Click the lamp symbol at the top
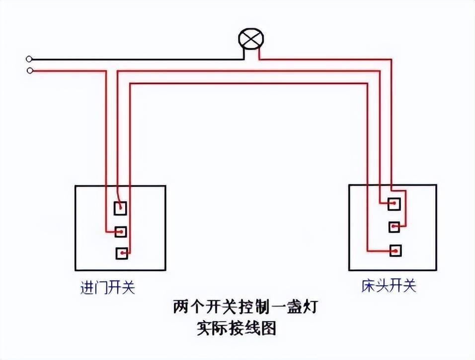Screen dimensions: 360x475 point(251,39)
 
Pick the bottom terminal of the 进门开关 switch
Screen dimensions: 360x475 point(122,253)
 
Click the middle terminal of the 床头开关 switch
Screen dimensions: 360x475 point(395,227)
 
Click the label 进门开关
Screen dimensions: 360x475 point(108,288)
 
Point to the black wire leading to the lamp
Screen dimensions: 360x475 point(139,59)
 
